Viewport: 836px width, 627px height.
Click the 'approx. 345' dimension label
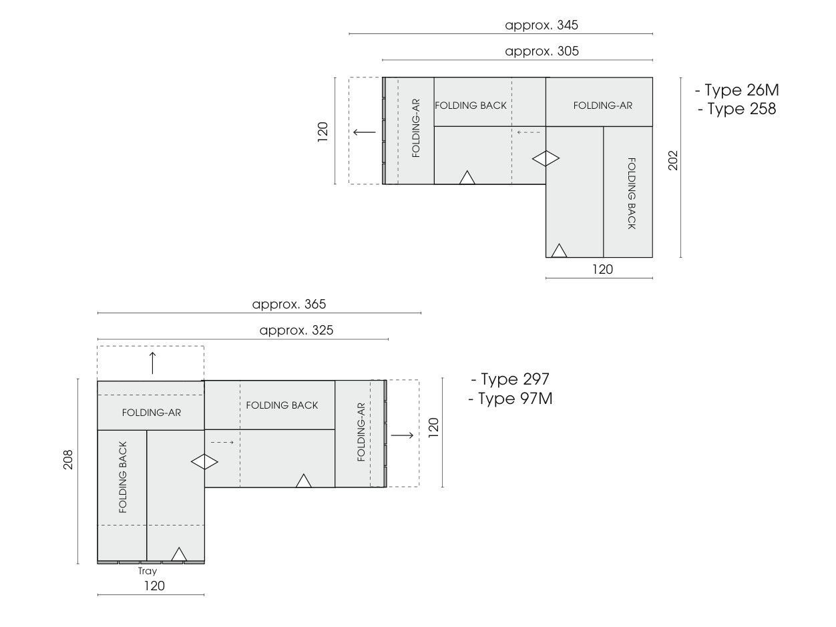coord(542,25)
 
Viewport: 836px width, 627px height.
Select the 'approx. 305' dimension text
coord(542,51)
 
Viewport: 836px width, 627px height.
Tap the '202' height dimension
coord(673,160)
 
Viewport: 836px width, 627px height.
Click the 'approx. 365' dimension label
coord(288,304)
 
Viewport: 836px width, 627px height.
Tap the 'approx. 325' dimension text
coord(296,330)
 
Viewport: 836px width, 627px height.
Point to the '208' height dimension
coord(68,459)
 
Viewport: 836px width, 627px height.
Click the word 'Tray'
coord(148,571)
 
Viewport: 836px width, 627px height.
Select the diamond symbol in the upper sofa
coord(546,158)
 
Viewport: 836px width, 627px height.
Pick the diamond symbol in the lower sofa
coord(204,461)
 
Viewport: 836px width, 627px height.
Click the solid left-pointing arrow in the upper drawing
coord(365,132)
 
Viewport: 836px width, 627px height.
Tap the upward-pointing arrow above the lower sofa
coord(152,363)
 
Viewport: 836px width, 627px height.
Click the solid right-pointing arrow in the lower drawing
coord(402,435)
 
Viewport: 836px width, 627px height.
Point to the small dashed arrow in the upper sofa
coord(528,132)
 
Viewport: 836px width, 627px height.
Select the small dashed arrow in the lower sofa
coord(222,442)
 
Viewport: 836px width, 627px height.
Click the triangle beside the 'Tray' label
coord(179,554)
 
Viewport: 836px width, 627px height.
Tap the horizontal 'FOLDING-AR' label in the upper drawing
coord(602,106)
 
